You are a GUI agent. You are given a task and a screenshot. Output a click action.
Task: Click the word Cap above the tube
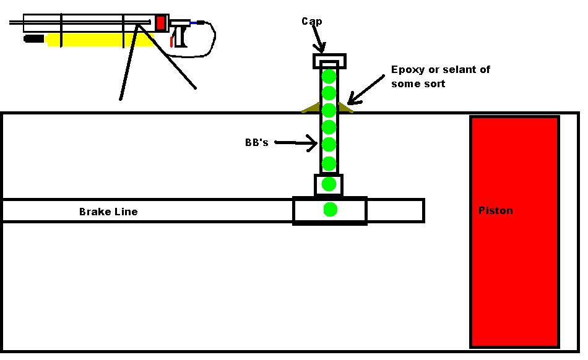coord(311,22)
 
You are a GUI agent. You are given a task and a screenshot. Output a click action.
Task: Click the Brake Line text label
coord(108,212)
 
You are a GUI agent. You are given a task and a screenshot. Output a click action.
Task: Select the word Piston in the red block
coord(495,210)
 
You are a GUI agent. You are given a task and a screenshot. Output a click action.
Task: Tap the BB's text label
coord(256,143)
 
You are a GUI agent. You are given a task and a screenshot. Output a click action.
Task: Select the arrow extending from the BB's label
coord(296,144)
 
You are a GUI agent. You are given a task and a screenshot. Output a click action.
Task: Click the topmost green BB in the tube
coord(329,77)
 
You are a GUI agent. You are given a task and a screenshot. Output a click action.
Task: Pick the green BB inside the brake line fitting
coord(331,210)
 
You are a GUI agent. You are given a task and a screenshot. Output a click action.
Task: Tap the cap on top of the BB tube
coord(329,61)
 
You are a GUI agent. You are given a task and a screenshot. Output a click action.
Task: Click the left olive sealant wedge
coord(311,108)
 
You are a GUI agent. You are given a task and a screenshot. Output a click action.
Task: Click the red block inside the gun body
coord(161,23)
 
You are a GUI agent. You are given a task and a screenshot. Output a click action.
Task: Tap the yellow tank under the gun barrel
coord(99,40)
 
